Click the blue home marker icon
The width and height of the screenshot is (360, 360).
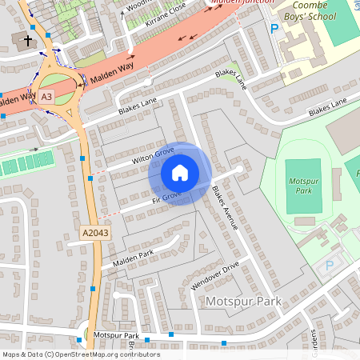coord(180,173)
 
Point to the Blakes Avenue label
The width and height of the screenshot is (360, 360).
coord(226,208)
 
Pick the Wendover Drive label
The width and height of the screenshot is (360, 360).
coord(215,275)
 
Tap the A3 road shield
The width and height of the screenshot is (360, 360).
coord(47,97)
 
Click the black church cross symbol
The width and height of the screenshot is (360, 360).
coord(28,39)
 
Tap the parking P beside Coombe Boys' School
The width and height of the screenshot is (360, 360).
coord(274,28)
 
